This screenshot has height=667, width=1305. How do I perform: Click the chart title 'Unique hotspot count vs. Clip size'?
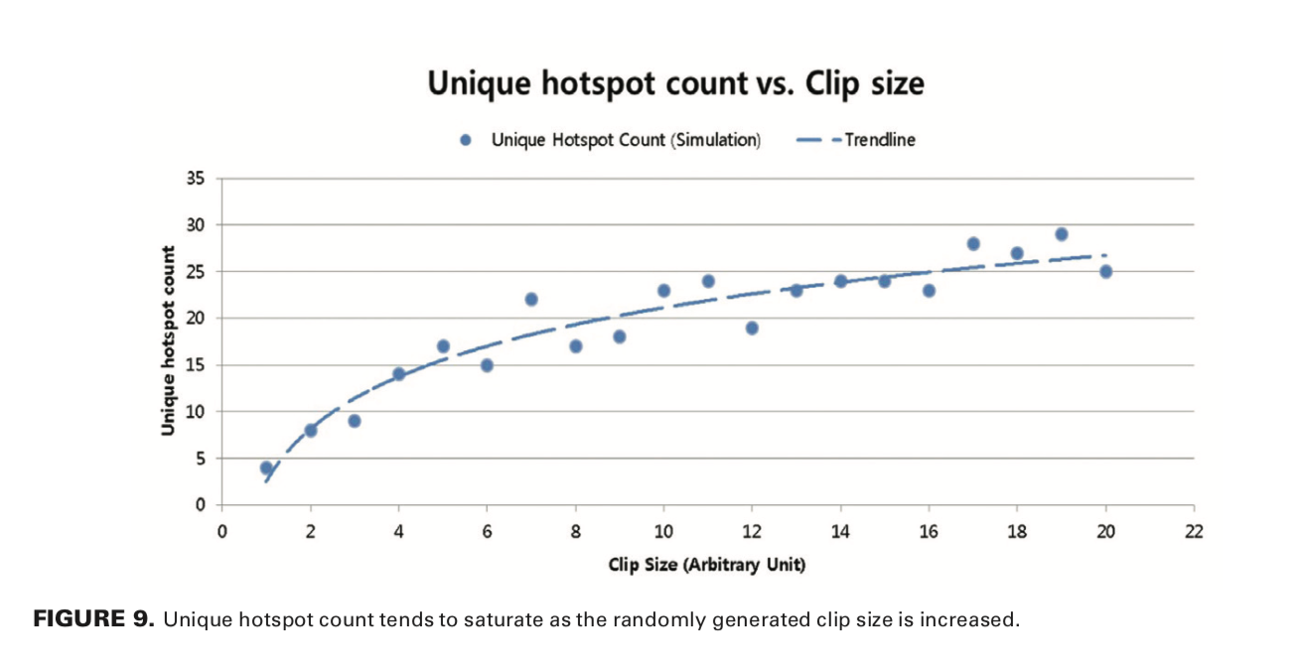tap(675, 83)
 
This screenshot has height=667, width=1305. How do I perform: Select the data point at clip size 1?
tap(266, 467)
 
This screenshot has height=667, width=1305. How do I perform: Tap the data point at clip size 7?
tap(531, 300)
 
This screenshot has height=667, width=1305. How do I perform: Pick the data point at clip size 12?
tap(752, 328)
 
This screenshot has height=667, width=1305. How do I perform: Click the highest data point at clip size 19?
tap(1061, 234)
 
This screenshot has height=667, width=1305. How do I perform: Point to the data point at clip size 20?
tap(1105, 272)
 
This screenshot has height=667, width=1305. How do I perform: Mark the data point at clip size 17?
tap(973, 244)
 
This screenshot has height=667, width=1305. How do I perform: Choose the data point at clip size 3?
tap(355, 421)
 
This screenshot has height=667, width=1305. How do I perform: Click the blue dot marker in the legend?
tap(464, 140)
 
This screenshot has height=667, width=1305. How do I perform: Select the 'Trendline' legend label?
tap(880, 140)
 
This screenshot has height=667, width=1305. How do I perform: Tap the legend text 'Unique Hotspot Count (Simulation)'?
tap(626, 140)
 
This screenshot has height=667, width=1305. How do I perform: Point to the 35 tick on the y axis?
tap(195, 179)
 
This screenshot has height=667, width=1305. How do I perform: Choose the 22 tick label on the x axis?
tap(1193, 531)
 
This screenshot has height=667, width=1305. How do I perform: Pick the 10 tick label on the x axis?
tap(663, 531)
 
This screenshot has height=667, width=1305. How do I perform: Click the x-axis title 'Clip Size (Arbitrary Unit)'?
tap(707, 565)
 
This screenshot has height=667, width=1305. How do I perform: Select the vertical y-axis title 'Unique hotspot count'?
tap(169, 340)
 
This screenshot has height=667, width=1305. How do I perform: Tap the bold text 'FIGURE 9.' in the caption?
tap(94, 621)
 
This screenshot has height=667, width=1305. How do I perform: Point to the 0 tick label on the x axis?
tap(221, 531)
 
